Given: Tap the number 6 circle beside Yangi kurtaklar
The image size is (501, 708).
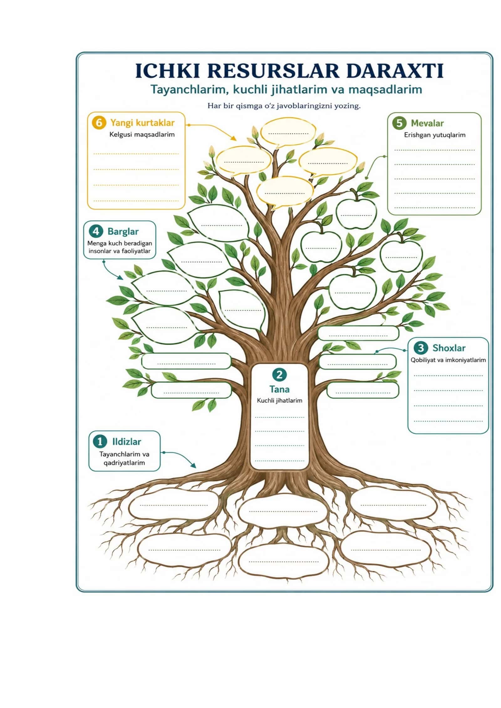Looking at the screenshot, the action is (99, 122).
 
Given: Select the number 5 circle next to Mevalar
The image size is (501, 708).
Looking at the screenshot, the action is (399, 123).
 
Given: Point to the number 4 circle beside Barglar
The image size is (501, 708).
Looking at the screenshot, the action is (96, 231).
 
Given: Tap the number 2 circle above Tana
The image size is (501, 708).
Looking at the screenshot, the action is (279, 374).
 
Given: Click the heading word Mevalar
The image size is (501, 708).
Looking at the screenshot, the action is (427, 123).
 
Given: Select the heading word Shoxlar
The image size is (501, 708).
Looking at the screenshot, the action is (449, 348).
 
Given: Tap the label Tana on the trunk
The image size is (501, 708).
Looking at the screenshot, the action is (279, 389).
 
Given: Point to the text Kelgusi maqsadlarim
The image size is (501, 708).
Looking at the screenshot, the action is (142, 135).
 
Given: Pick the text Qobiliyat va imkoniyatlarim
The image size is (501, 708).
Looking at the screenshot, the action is (448, 360).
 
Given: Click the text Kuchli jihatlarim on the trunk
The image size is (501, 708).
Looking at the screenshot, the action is (279, 400).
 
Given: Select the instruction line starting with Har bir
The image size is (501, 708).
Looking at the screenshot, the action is (284, 106).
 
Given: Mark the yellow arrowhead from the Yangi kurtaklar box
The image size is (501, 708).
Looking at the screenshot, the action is (233, 138).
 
